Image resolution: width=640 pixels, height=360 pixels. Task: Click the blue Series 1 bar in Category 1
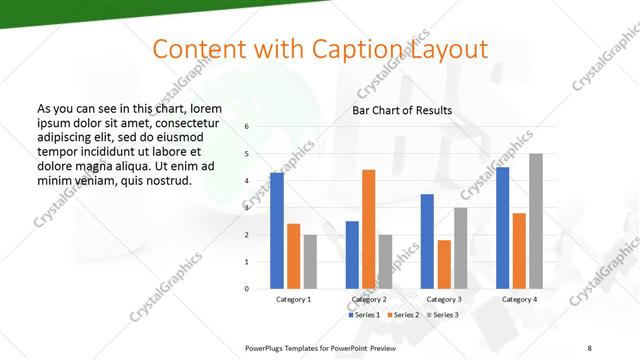point(277,231)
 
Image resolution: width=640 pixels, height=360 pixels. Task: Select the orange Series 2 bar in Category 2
point(369,229)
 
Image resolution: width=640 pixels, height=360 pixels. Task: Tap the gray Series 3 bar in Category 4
point(536,221)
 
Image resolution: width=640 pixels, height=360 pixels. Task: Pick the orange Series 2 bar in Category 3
point(444,264)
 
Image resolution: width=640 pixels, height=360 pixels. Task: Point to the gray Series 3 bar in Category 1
point(310,262)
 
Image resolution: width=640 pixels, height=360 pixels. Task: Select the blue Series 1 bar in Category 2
point(352,255)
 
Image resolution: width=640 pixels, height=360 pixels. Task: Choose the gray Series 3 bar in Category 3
point(461,248)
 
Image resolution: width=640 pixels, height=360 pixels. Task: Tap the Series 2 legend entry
point(402,315)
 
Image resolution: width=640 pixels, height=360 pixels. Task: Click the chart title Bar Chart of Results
point(402,110)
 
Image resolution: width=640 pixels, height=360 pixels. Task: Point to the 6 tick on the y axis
point(248,127)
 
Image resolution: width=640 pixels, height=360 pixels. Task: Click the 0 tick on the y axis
point(248,289)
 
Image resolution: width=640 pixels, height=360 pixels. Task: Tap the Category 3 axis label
point(444,299)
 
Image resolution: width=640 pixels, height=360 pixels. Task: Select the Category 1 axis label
point(294,299)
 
